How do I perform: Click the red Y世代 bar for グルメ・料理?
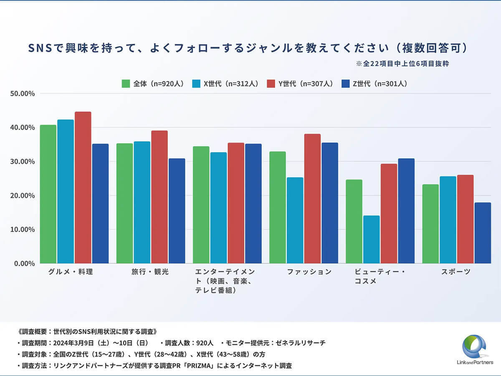83,188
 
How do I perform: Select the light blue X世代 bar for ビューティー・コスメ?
371,239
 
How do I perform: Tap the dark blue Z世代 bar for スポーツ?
483,233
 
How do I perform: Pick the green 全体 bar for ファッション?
278,207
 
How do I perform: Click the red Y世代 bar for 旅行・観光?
159,197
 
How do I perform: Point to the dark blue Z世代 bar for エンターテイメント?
253,203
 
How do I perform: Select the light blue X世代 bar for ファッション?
295,220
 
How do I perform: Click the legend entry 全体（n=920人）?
153,84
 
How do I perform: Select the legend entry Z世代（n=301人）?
374,84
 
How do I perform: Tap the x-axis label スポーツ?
456,272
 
